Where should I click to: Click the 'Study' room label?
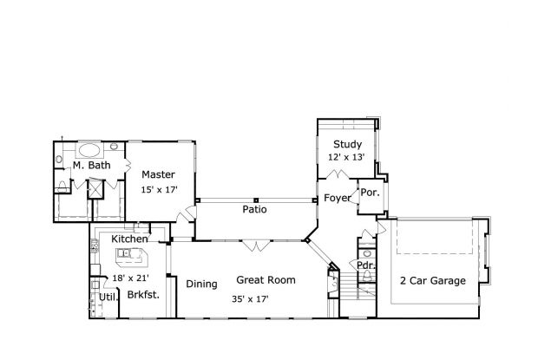(x=346, y=145)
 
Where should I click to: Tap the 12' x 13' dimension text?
(x=346, y=158)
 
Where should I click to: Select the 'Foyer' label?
(x=338, y=199)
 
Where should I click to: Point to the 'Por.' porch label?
(x=369, y=193)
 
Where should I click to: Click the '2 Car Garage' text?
(x=432, y=280)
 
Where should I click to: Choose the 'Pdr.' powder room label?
(x=365, y=265)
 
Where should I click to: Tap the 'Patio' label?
(x=254, y=209)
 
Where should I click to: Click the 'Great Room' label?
(x=266, y=280)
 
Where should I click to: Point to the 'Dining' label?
(x=201, y=283)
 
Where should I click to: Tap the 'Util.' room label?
(x=108, y=297)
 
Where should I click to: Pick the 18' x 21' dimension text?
(x=129, y=278)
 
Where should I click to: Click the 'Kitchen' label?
(x=129, y=239)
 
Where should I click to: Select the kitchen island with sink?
(x=130, y=254)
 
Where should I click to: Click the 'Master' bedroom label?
(x=159, y=174)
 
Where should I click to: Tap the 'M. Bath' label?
(x=89, y=165)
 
